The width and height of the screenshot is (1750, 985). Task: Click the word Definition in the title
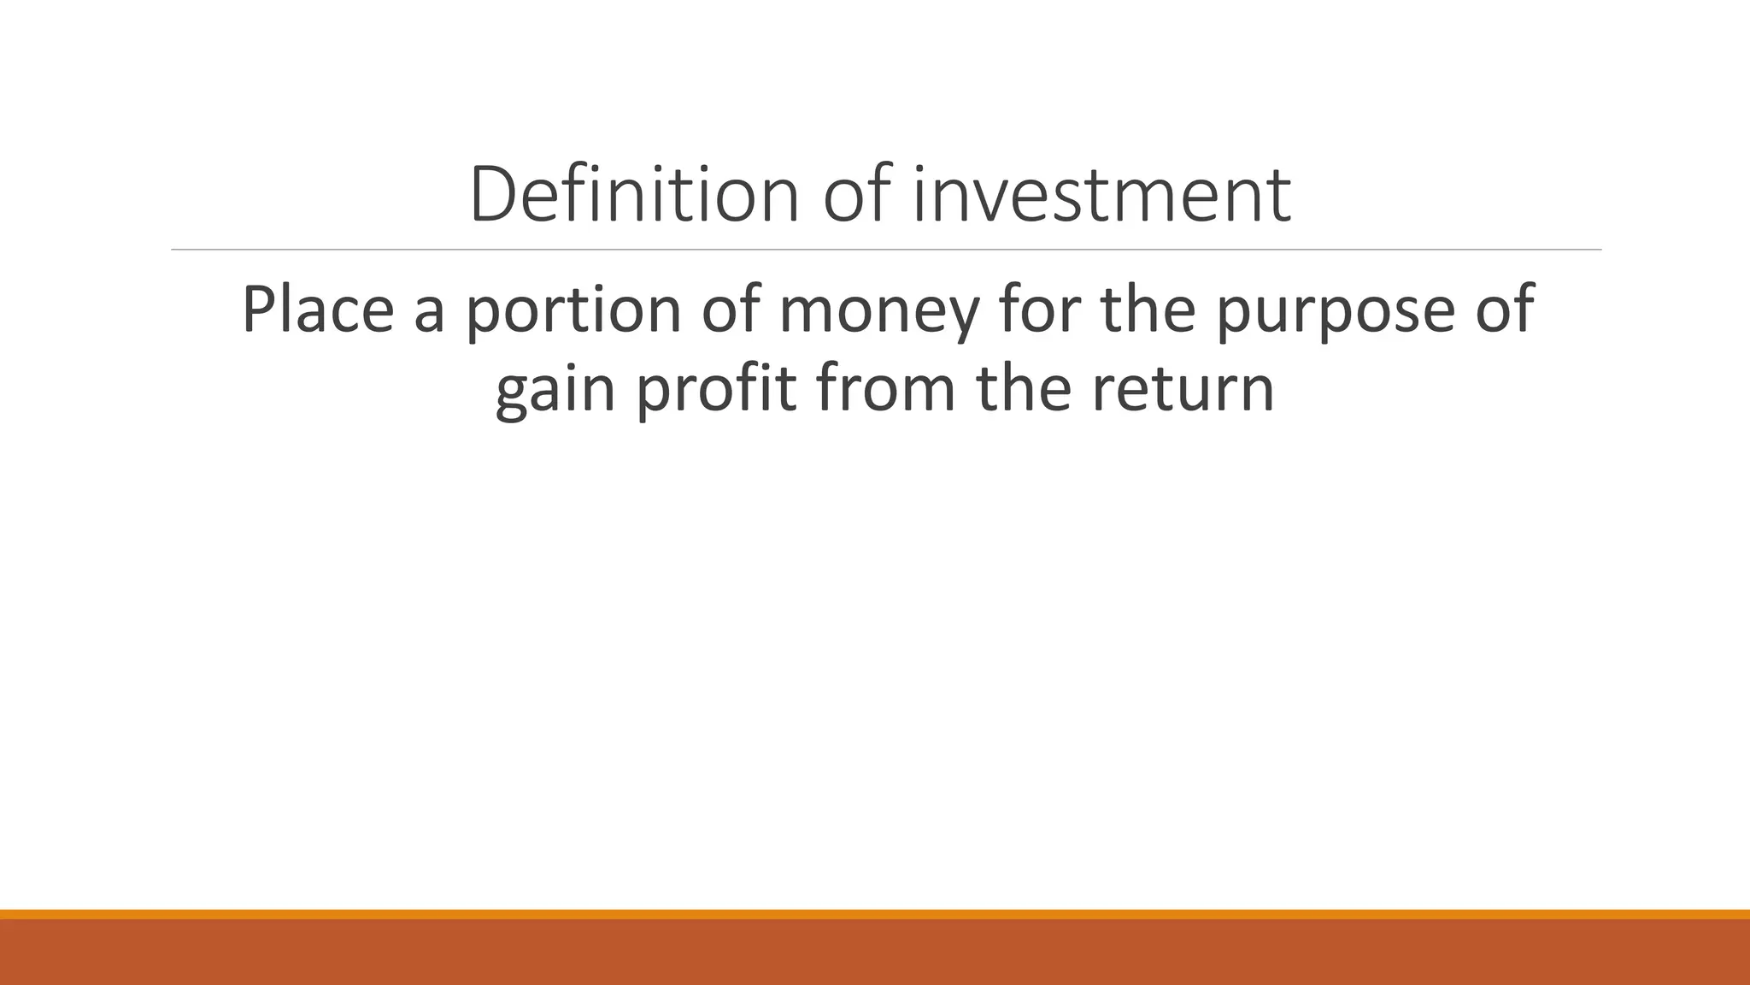633,195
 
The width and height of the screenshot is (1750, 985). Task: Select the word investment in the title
1101,195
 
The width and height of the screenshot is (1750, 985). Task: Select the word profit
716,389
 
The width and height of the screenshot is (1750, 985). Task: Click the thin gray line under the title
885,250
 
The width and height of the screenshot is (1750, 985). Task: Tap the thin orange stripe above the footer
875,914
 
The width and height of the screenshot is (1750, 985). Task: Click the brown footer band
875,953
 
